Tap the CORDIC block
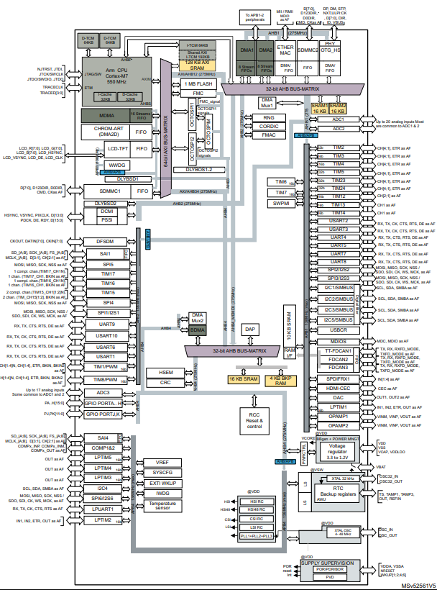269,125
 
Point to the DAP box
251,329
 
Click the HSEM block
166,372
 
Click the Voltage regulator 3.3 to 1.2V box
336,450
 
